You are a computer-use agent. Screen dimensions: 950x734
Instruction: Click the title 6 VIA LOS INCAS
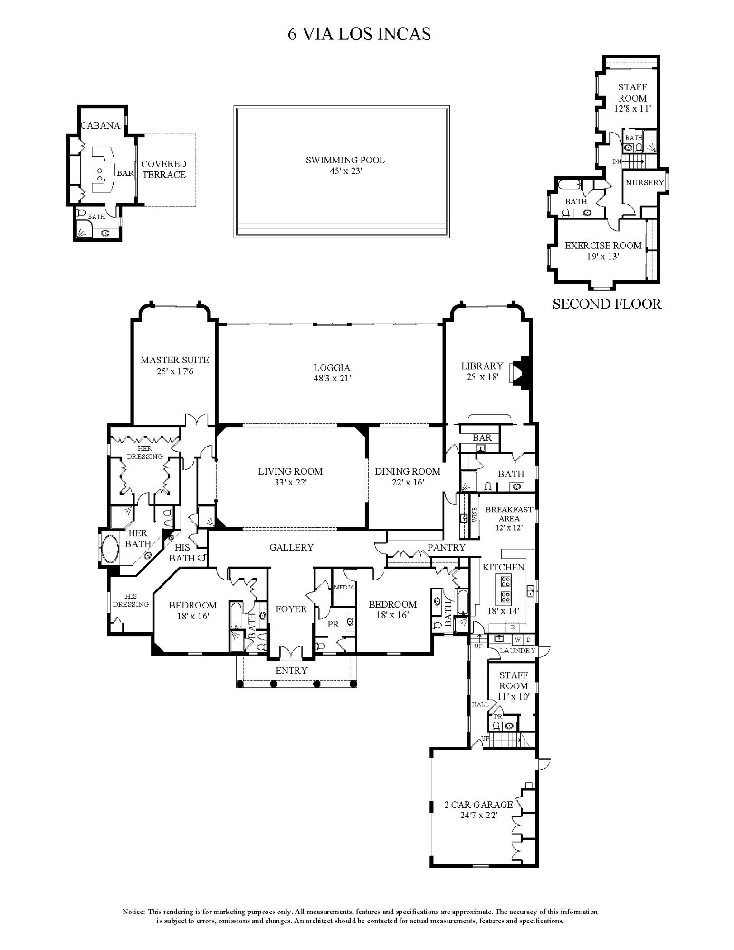[x=359, y=34]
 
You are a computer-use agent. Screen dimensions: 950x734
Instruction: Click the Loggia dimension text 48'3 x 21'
[x=332, y=379]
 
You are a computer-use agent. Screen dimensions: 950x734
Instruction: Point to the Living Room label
[x=290, y=471]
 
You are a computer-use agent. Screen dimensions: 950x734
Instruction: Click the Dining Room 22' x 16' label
[x=407, y=476]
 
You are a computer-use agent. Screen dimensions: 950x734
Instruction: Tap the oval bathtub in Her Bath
[x=110, y=549]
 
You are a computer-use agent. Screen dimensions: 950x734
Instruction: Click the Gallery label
[x=291, y=547]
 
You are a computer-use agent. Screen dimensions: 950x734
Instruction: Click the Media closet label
[x=344, y=588]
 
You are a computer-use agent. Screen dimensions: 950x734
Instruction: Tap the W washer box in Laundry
[x=518, y=640]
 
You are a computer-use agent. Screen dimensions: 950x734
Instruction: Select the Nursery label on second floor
[x=644, y=182]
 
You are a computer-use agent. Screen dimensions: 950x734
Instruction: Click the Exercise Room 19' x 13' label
[x=603, y=251]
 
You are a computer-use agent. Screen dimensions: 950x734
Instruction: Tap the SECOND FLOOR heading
[x=607, y=304]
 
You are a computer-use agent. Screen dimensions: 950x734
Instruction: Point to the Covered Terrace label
[x=164, y=169]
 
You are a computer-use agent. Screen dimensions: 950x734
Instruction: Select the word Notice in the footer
[x=134, y=912]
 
